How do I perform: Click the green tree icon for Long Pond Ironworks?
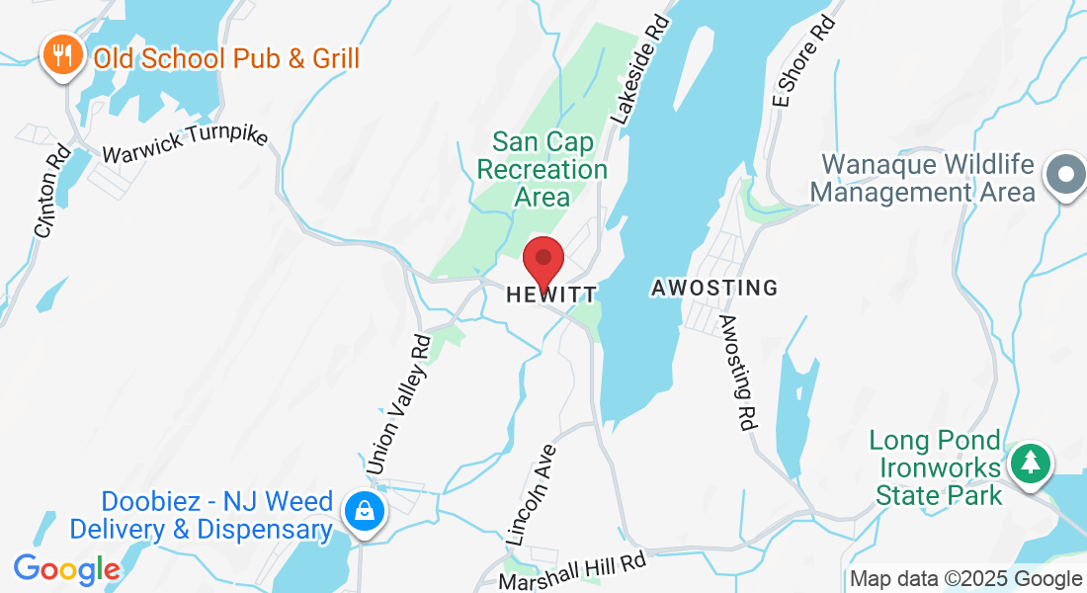1031,463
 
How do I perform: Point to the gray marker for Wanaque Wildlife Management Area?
1065,175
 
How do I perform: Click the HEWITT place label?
551,295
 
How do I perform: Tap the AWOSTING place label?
714,289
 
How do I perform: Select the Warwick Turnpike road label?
185,144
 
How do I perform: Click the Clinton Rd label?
50,192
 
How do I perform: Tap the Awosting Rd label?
737,373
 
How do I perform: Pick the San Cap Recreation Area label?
543,169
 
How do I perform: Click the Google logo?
65,569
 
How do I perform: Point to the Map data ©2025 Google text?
965,579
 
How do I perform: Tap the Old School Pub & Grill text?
226,58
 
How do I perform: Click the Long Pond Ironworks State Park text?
936,467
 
